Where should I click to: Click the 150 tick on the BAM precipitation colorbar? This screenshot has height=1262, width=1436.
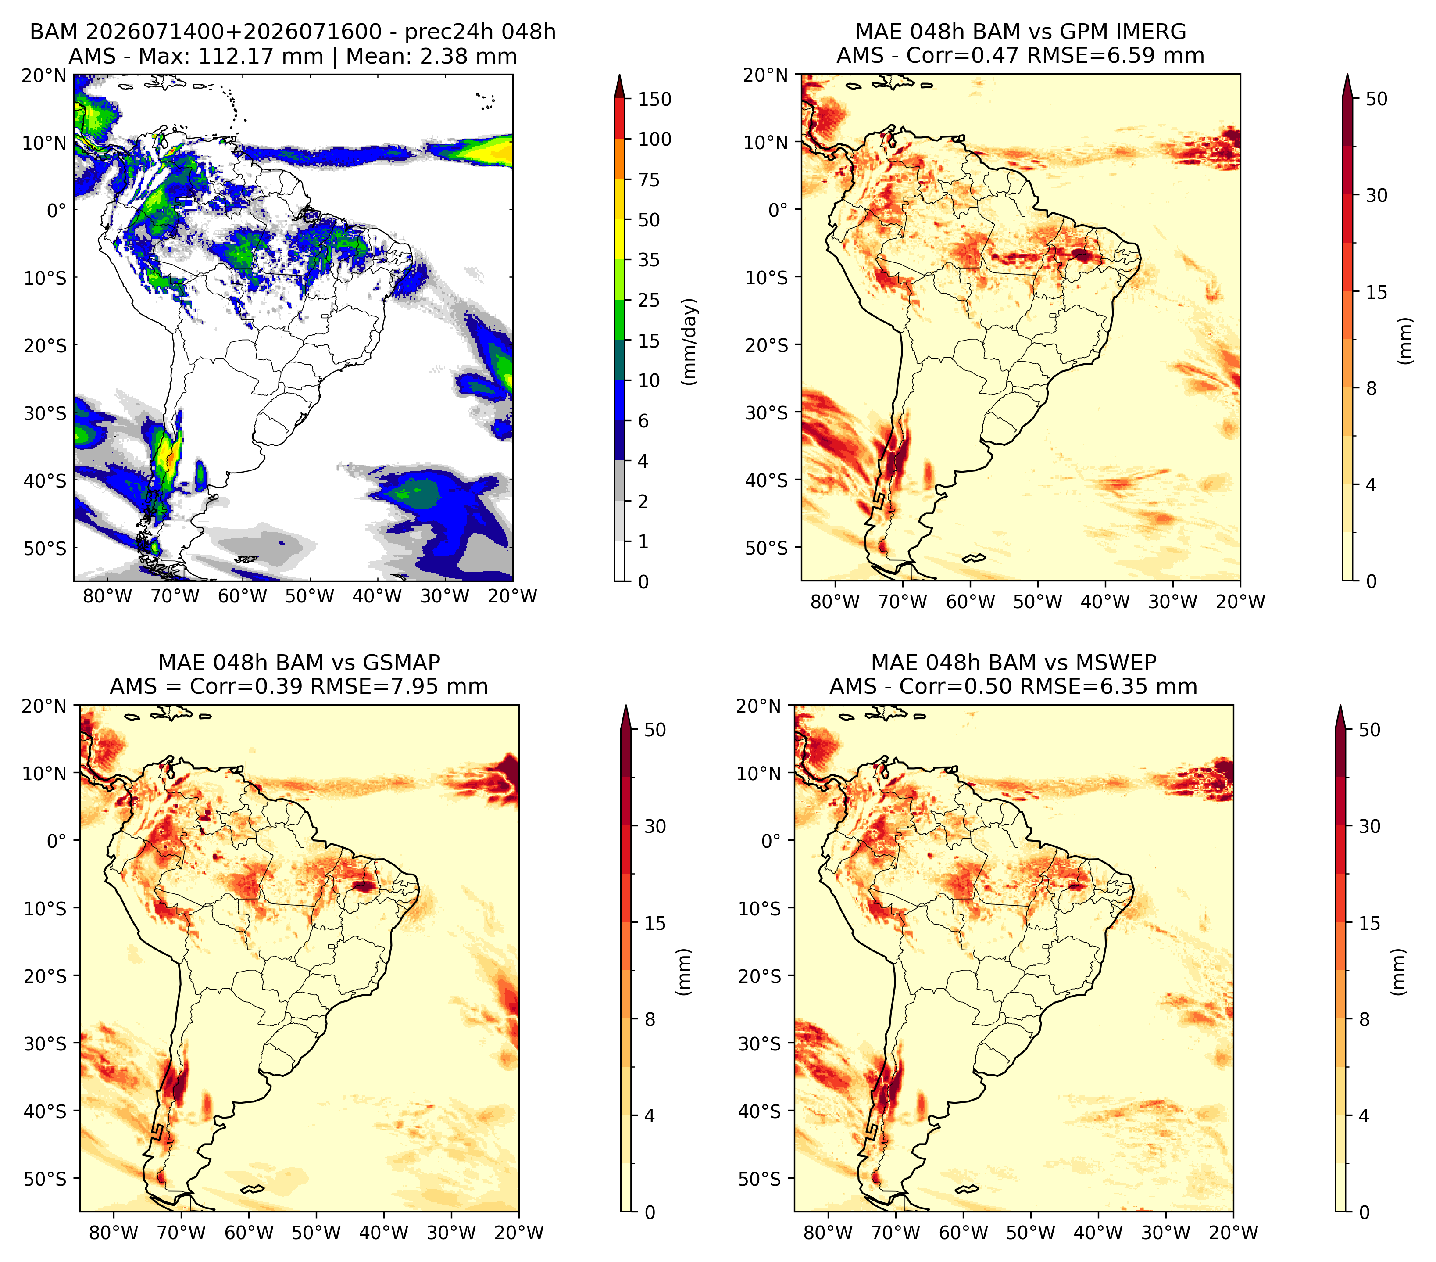click(x=654, y=99)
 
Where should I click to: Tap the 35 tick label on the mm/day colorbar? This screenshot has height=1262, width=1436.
click(x=648, y=260)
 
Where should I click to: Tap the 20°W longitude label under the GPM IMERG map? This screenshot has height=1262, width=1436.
click(x=1241, y=602)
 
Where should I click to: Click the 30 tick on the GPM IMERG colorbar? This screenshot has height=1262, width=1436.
click(x=1376, y=195)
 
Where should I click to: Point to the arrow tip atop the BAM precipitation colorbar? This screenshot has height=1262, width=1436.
click(x=619, y=75)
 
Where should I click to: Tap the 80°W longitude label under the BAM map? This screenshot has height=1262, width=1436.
click(x=107, y=596)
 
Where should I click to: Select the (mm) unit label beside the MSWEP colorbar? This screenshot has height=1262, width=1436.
click(x=1399, y=972)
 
